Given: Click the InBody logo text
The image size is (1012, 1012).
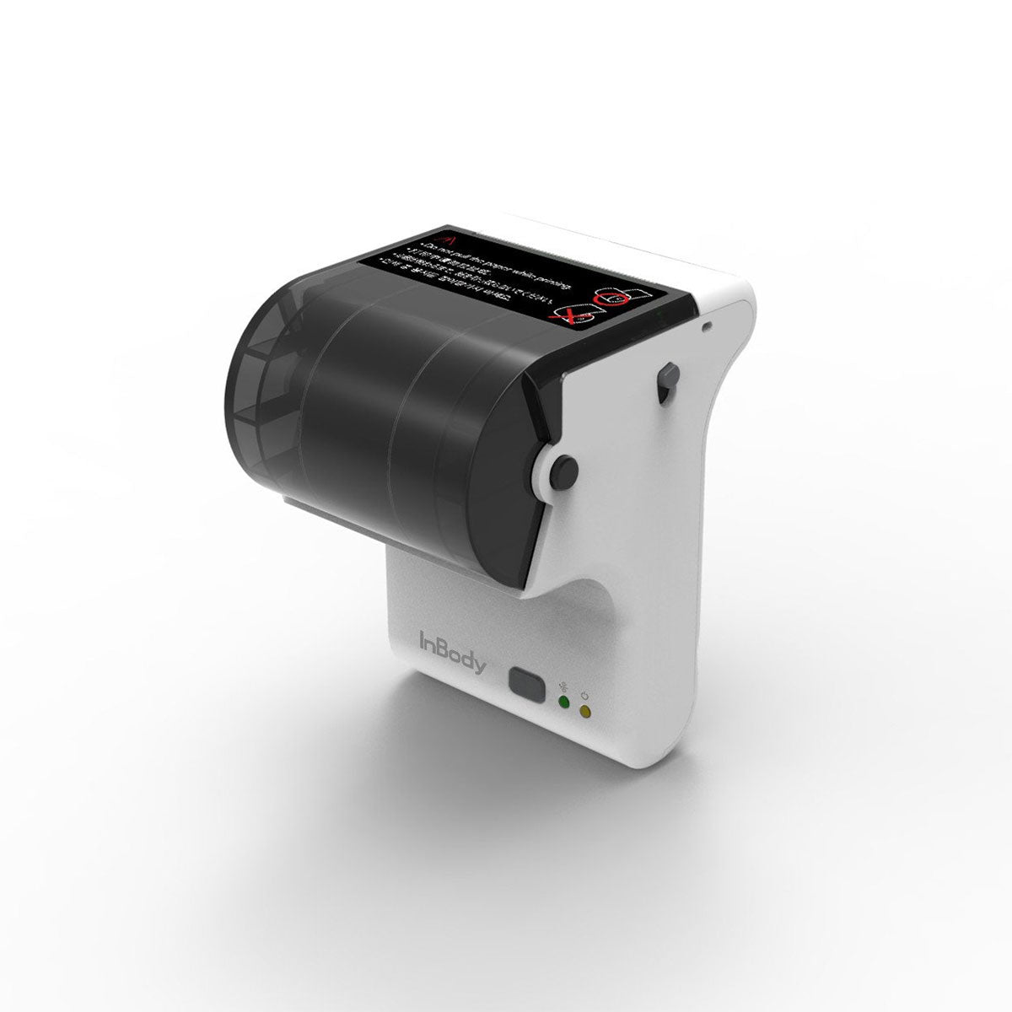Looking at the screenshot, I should (x=452, y=652).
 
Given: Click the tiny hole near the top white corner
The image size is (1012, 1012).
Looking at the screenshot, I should (x=707, y=324).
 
